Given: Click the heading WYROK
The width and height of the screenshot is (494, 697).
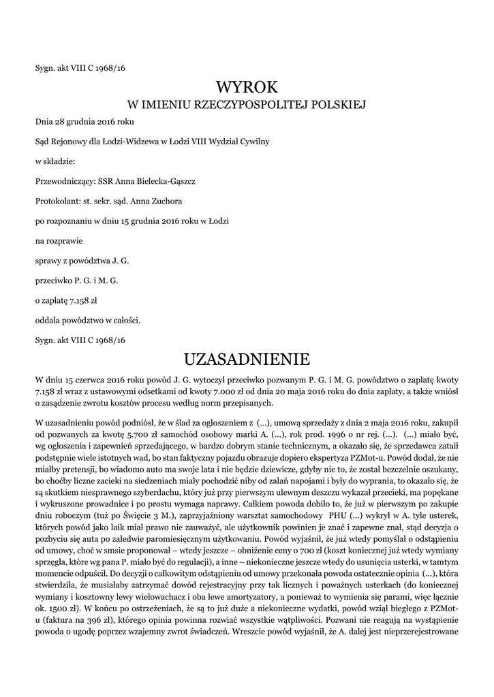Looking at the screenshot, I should [247, 86].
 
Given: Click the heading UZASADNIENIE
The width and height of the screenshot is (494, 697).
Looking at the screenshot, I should [247, 358].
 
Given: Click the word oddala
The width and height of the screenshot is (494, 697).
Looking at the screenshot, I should [50, 319].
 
